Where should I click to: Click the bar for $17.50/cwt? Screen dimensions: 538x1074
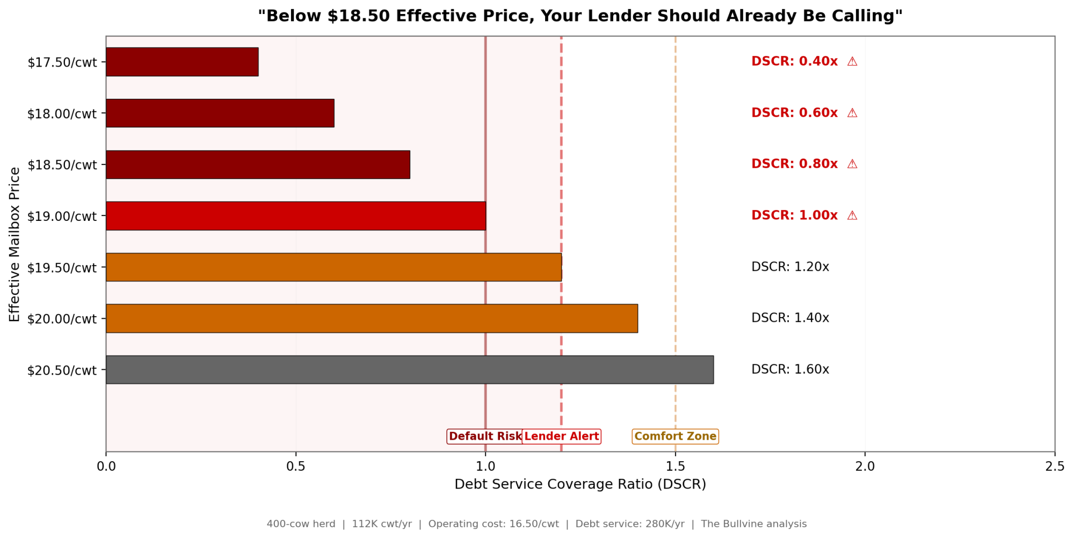(x=182, y=62)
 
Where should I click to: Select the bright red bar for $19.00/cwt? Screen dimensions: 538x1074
(x=295, y=216)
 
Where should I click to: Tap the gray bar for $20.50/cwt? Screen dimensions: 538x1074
(x=409, y=370)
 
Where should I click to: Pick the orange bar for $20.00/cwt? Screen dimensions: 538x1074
(x=372, y=319)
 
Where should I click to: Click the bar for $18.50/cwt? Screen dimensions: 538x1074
(x=258, y=164)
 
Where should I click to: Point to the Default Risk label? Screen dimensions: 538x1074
(x=484, y=436)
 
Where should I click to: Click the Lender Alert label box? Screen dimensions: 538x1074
(x=562, y=436)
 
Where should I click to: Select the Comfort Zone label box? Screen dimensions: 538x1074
(x=675, y=436)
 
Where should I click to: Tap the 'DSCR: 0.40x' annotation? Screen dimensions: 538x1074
(x=794, y=62)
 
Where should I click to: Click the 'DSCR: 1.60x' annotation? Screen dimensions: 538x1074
(x=790, y=370)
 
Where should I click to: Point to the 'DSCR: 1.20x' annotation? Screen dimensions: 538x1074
(x=790, y=267)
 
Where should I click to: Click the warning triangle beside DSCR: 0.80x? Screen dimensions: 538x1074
(x=852, y=164)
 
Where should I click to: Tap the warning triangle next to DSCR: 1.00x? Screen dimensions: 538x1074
(x=852, y=216)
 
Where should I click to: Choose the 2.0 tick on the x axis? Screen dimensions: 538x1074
(x=865, y=467)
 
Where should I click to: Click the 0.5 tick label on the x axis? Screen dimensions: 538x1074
(x=295, y=467)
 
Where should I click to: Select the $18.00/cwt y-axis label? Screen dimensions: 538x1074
(x=62, y=114)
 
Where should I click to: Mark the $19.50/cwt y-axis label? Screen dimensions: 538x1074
(x=62, y=268)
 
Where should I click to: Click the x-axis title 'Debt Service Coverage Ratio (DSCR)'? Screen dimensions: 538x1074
(x=580, y=484)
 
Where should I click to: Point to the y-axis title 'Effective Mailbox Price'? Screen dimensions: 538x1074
(x=14, y=245)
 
